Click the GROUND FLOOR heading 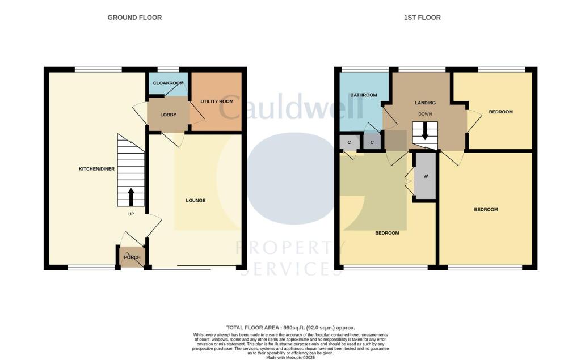134,18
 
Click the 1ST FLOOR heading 422,18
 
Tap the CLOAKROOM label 167,83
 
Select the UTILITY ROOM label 217,101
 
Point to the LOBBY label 168,115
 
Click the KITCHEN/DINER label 96,170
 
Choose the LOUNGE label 196,201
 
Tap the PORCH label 132,257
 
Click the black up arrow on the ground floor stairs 131,197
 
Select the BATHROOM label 363,95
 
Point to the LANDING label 425,103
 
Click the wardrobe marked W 425,176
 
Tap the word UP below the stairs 131,214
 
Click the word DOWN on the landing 425,114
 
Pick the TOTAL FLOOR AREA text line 290,328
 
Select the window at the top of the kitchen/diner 98,70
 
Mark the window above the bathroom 365,70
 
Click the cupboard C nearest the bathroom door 372,142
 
